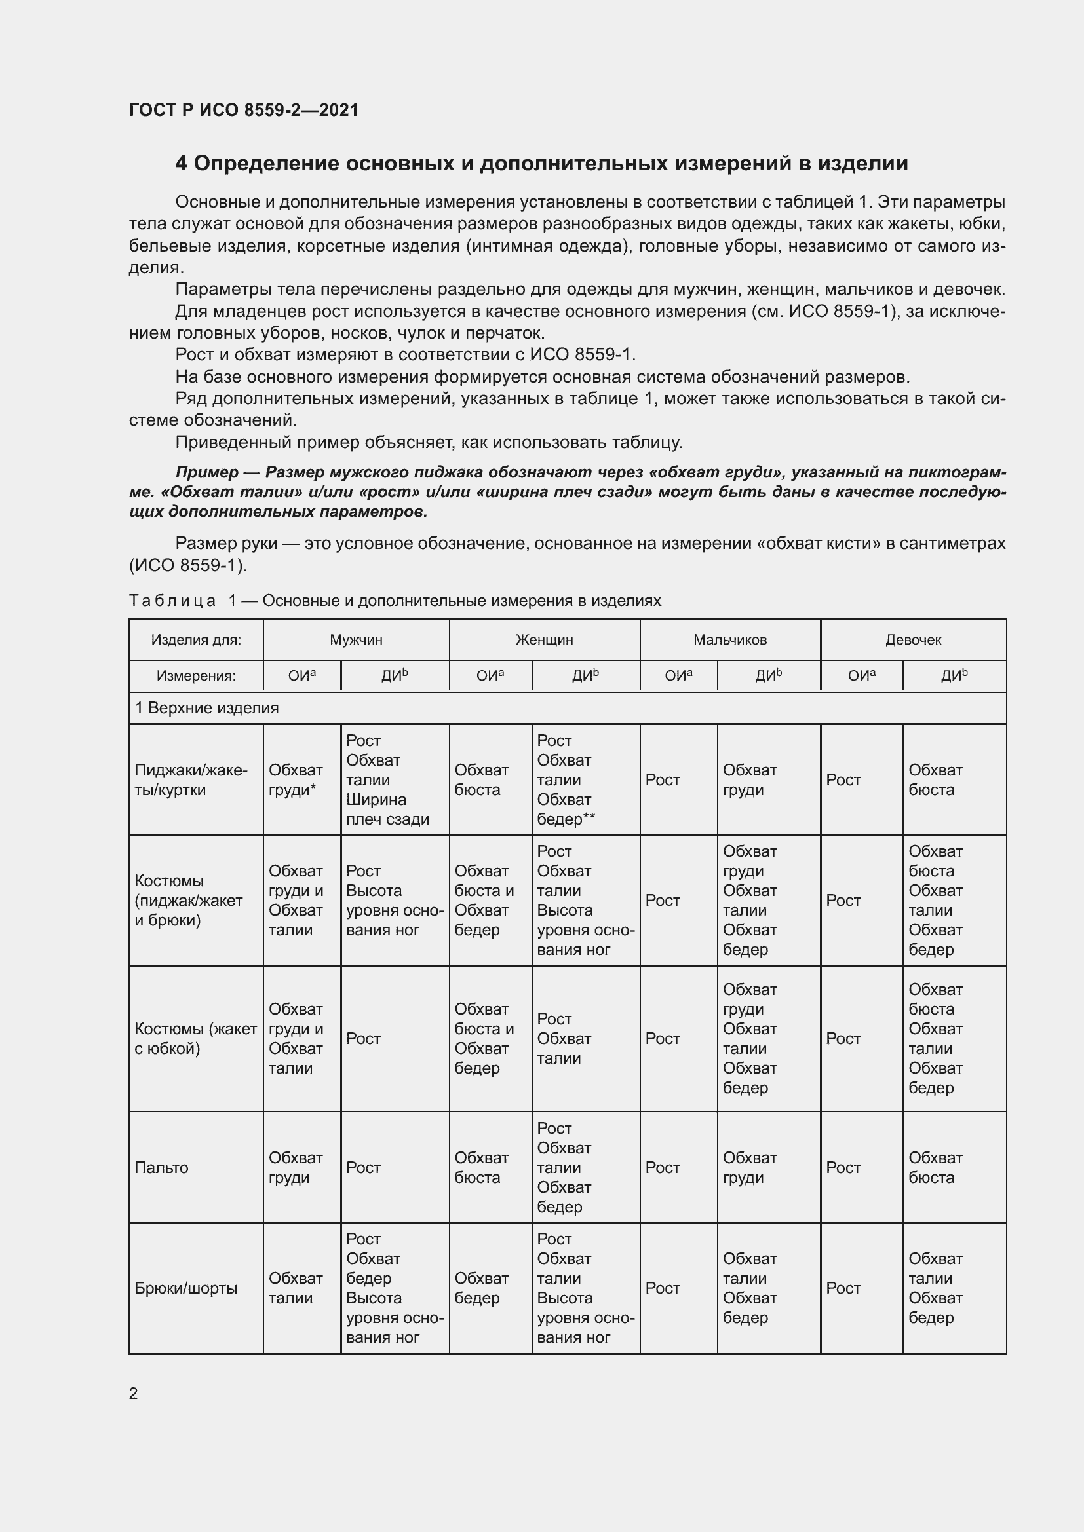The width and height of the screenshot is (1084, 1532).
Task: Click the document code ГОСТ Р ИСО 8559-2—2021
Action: [x=244, y=110]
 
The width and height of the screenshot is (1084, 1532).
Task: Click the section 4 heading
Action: [x=541, y=164]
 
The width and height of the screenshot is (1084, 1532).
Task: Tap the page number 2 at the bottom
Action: [x=134, y=1393]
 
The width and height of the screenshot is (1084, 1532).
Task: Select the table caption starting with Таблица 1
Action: [x=395, y=601]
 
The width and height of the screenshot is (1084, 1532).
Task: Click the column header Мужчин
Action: [x=356, y=640]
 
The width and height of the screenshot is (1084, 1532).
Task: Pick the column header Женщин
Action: [x=544, y=640]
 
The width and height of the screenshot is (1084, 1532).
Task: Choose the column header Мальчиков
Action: [x=729, y=640]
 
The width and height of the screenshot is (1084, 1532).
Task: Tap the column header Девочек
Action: [x=912, y=640]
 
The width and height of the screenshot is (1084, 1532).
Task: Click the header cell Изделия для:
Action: [x=195, y=640]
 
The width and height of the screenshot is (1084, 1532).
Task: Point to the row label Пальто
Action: [x=161, y=1168]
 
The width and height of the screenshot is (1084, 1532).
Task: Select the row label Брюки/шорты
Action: [x=186, y=1288]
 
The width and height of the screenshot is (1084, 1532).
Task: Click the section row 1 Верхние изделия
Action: [x=207, y=708]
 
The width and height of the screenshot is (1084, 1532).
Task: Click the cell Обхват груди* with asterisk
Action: [x=296, y=780]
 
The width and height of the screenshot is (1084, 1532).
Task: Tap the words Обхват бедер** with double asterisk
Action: [x=566, y=810]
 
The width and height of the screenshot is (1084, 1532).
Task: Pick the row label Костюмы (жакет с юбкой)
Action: [x=195, y=1039]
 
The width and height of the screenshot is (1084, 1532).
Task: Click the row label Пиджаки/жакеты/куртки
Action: [x=191, y=780]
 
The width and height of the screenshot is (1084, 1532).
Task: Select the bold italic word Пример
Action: [x=207, y=472]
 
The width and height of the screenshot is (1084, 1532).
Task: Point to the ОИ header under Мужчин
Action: [x=301, y=676]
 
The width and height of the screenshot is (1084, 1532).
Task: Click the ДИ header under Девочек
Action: [x=954, y=676]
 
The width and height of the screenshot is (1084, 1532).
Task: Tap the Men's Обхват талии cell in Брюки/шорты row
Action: [x=296, y=1288]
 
